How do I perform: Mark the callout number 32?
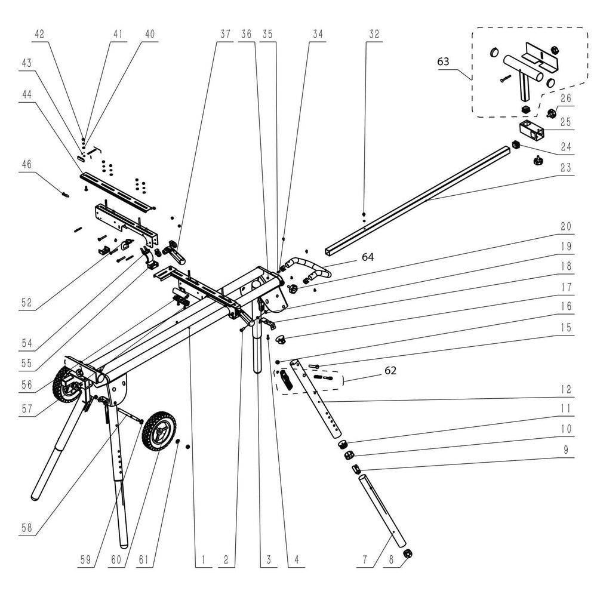click(374, 34)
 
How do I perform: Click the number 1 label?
click(202, 560)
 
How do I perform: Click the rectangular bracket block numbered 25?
click(530, 127)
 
